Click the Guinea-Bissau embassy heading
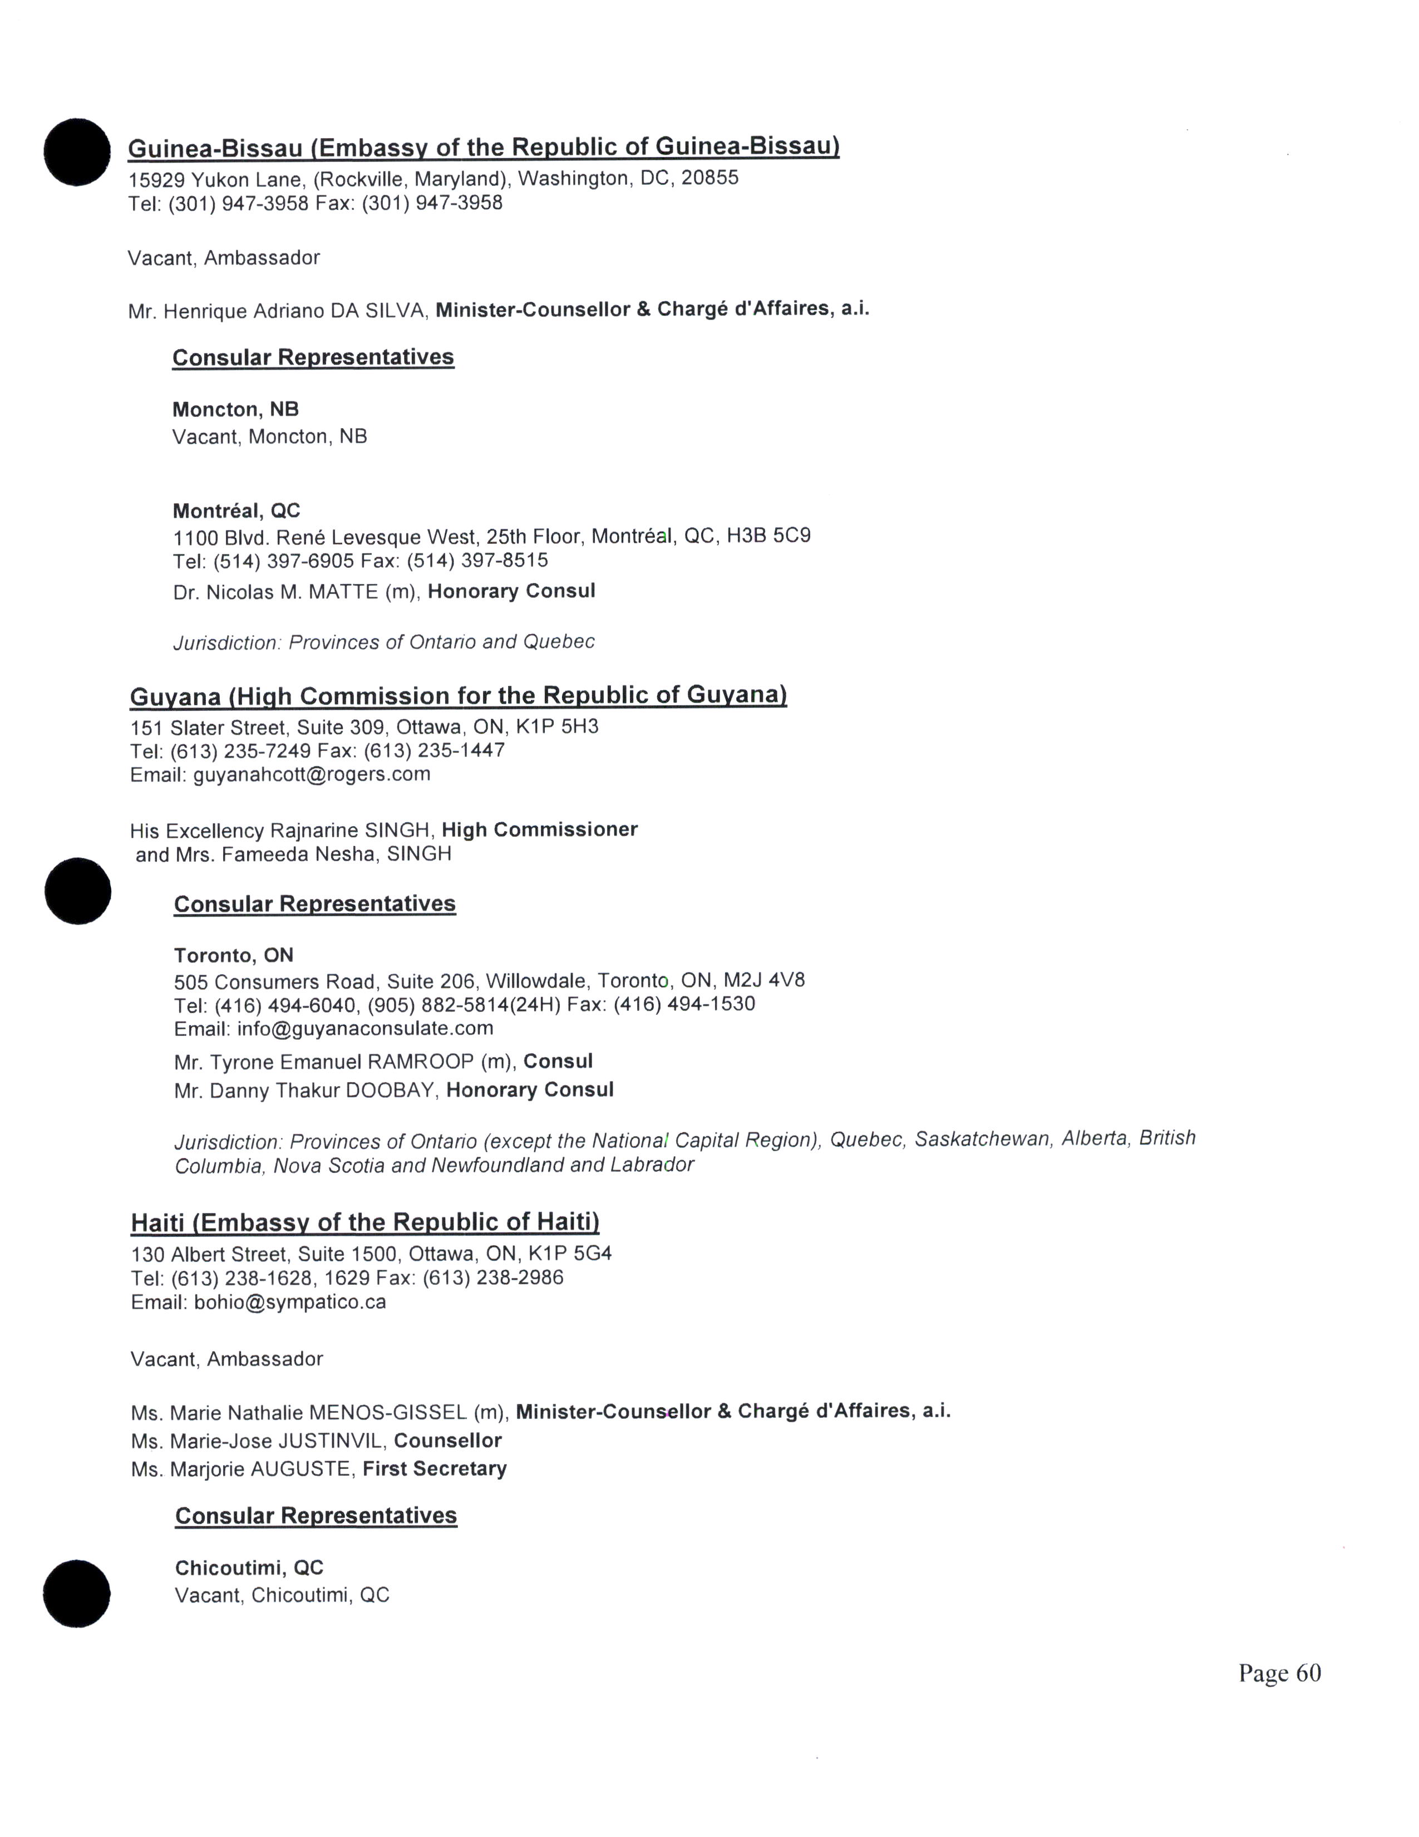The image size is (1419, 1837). (484, 147)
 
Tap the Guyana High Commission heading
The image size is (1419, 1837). (458, 696)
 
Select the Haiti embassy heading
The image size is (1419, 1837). (365, 1221)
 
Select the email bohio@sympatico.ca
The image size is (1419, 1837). (290, 1302)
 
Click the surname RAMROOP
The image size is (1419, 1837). (420, 1062)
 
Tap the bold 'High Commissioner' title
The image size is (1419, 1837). (540, 829)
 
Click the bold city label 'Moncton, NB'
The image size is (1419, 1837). (235, 410)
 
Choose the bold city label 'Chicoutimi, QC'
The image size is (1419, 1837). (249, 1568)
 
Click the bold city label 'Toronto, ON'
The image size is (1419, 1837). (233, 955)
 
